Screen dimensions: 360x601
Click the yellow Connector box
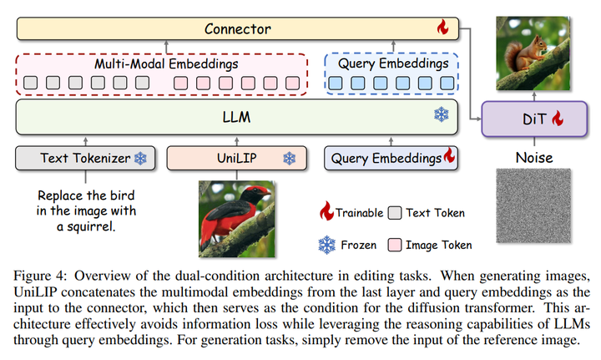tap(238, 29)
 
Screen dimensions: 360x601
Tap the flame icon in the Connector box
tap(443, 28)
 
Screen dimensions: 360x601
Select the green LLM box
tap(238, 117)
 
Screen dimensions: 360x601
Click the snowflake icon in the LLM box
tap(441, 116)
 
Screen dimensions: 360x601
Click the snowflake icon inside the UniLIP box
tap(289, 158)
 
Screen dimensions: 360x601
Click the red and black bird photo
tap(235, 215)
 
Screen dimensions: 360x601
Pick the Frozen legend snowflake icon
tap(326, 245)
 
